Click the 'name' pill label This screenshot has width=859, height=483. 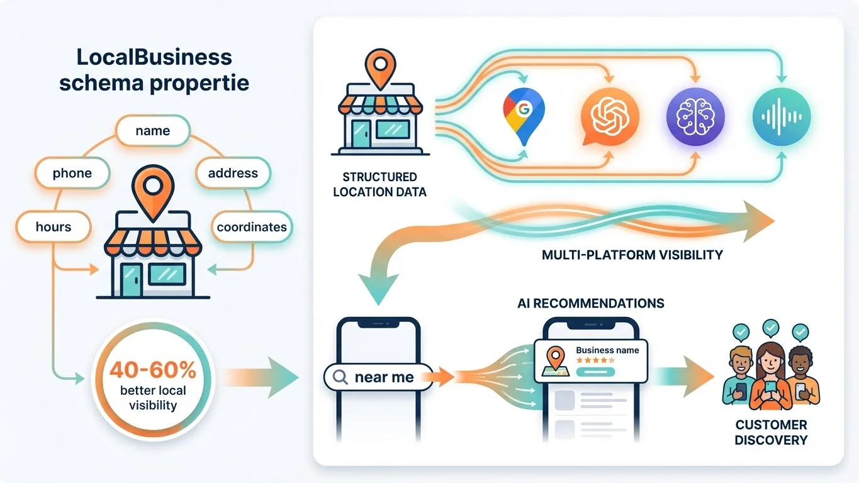click(x=152, y=131)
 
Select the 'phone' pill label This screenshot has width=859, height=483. click(x=72, y=173)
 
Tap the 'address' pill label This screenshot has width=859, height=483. click(x=232, y=173)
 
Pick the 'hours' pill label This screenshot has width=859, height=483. click(x=53, y=226)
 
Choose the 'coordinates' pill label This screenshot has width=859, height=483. click(x=251, y=227)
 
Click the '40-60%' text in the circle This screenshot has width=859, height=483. click(x=153, y=370)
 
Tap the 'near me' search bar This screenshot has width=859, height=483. click(x=378, y=377)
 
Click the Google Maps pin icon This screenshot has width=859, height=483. click(x=524, y=116)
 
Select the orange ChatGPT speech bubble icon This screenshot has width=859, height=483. click(x=609, y=116)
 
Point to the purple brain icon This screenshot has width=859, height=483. click(x=695, y=116)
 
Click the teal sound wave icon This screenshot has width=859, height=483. click(x=781, y=117)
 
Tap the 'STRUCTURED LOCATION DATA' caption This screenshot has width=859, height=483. click(x=379, y=184)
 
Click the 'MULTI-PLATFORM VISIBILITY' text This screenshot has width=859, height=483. click(x=632, y=255)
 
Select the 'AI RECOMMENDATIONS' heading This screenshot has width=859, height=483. click(x=590, y=303)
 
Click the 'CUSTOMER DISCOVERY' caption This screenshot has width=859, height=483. click(x=771, y=432)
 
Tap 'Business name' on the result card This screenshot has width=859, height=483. click(x=607, y=350)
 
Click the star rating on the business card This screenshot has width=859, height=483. click(x=595, y=360)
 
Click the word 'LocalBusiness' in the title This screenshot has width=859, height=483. click(x=154, y=57)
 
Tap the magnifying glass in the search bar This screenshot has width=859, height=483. click(x=340, y=377)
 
